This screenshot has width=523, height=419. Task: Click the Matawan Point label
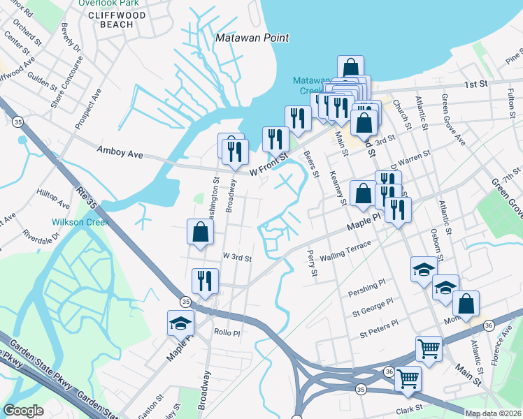(252, 38)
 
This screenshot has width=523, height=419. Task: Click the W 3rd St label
(236, 257)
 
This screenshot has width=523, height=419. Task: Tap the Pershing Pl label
(368, 286)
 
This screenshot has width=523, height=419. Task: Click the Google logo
(23, 411)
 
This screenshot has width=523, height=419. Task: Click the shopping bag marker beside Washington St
(200, 233)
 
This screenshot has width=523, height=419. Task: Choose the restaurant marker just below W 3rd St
(206, 281)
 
